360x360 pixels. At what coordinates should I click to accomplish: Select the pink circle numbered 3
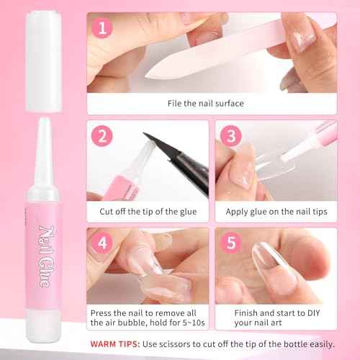229,135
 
